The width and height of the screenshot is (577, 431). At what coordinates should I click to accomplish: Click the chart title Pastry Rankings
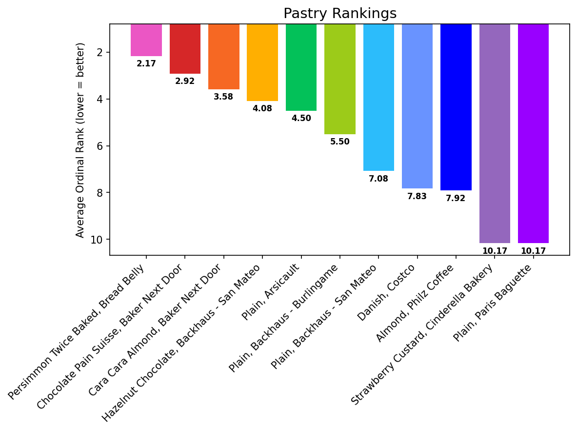coord(340,13)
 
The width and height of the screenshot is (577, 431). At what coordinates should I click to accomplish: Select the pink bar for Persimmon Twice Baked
coord(146,40)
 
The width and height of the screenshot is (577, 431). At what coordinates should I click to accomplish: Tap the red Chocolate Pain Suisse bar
coord(185,49)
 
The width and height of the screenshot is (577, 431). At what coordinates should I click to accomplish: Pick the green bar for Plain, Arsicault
coord(301,67)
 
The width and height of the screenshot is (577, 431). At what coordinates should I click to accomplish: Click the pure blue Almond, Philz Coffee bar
coord(456,107)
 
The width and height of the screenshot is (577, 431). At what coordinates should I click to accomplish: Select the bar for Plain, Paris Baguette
coord(533,134)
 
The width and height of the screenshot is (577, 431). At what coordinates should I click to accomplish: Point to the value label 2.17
coord(146,63)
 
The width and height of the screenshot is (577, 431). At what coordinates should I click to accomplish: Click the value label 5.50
coord(339,142)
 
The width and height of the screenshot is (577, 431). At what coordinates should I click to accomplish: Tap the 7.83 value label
coord(417,196)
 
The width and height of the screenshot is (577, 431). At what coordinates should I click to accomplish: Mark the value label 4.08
coord(262,108)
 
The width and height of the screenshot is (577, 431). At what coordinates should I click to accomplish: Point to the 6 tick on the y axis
coord(100,146)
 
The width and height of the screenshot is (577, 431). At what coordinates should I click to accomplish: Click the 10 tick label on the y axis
coord(97,240)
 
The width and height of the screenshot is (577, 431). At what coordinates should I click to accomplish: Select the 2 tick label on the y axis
coord(100,52)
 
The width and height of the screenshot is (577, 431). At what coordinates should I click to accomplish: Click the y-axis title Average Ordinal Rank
coord(80,140)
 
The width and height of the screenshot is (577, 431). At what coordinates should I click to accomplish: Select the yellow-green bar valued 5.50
coord(339,79)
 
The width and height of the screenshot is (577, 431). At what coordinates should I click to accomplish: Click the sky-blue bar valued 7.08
coord(378,98)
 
